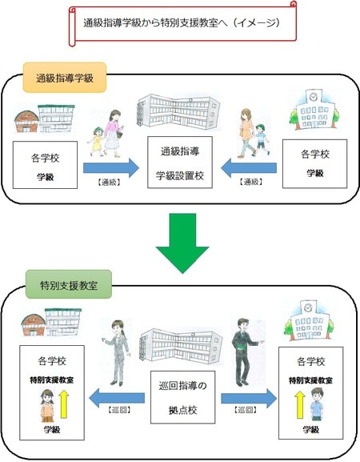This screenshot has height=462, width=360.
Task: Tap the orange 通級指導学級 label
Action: click(65, 79)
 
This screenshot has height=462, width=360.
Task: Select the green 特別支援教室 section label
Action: click(69, 284)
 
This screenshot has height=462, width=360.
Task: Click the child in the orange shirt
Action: click(46, 404)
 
